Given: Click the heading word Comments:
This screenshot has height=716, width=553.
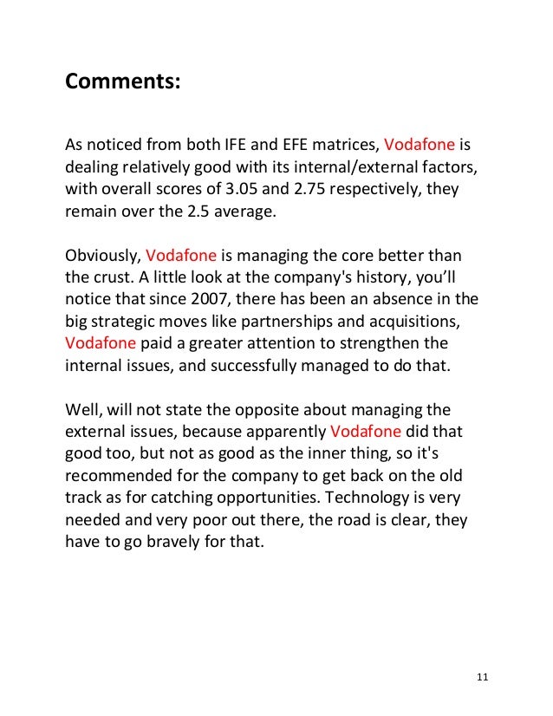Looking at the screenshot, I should tap(123, 84).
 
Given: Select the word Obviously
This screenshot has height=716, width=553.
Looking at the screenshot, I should tap(101, 256).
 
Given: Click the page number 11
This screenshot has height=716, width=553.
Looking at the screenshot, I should tap(484, 678).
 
